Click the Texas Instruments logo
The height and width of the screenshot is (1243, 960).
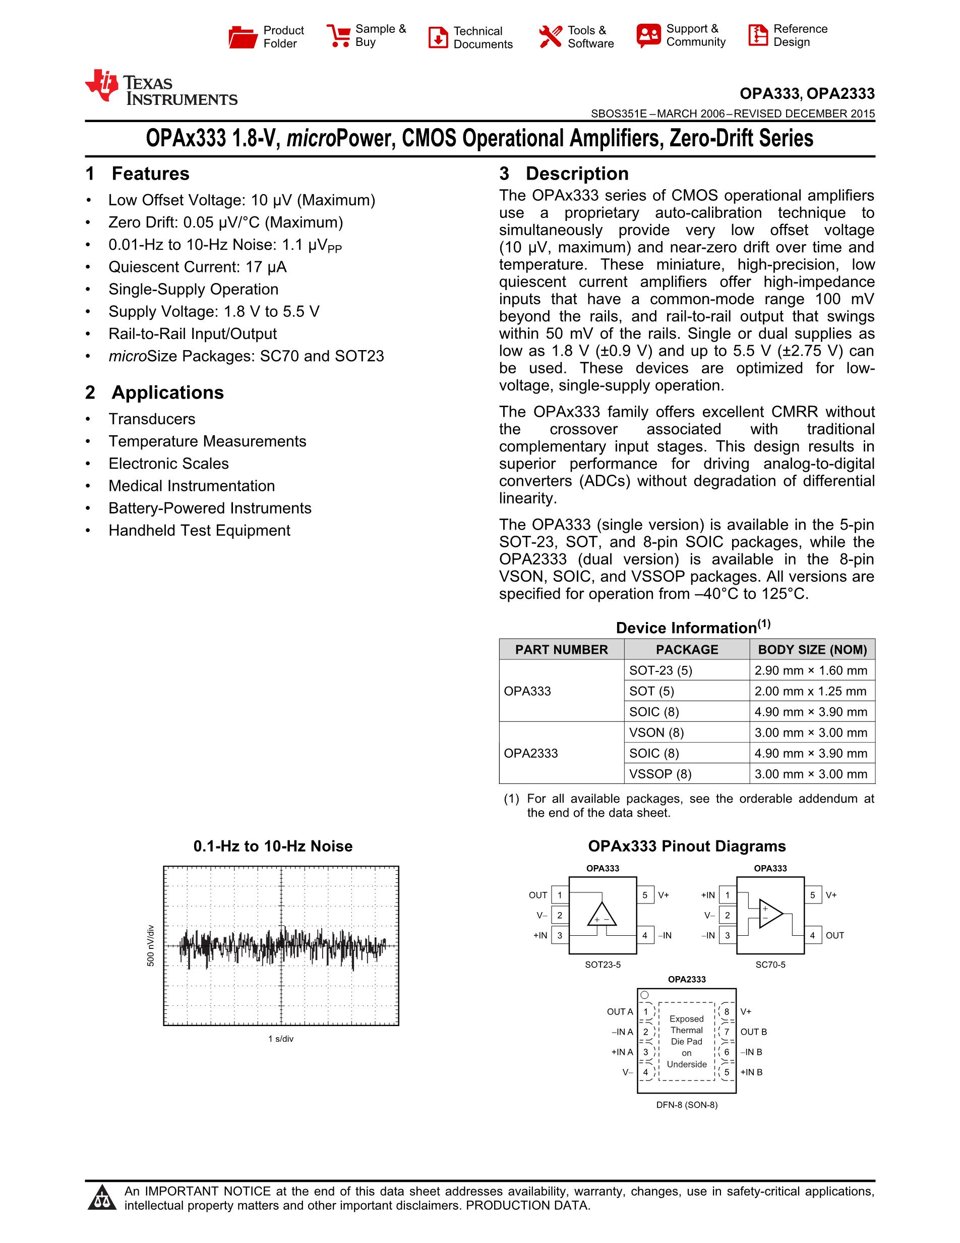point(161,89)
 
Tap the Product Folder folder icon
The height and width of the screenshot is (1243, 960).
point(243,37)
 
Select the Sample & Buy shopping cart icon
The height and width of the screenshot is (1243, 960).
point(339,36)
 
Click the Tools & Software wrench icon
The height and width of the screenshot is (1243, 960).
point(550,37)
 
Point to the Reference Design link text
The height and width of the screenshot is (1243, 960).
point(800,36)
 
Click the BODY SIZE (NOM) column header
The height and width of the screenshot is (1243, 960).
point(812,650)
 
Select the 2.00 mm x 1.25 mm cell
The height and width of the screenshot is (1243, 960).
point(810,692)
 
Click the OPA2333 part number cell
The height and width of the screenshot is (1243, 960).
point(530,754)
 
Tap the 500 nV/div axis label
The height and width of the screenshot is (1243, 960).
point(151,946)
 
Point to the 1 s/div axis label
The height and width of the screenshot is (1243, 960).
point(281,1039)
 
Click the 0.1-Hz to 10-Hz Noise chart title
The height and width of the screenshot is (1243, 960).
point(273,846)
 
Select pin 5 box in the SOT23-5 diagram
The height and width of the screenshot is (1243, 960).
point(645,895)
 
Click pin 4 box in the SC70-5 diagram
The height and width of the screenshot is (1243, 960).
point(813,935)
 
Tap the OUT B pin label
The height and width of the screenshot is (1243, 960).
point(754,1032)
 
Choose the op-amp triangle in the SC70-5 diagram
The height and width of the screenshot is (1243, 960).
point(770,914)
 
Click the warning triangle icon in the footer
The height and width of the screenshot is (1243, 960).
point(102,1199)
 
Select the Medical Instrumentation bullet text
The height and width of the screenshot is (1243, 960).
point(192,486)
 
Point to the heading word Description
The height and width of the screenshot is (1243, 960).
point(577,174)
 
